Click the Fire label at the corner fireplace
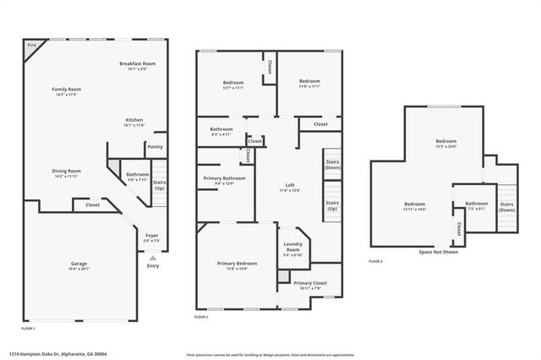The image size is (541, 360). pyautogui.click(x=31, y=45)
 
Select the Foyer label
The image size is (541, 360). pyautogui.click(x=151, y=236)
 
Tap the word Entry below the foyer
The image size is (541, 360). pyautogui.click(x=153, y=265)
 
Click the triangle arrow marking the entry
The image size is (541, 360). pyautogui.click(x=153, y=256)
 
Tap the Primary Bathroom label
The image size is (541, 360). pyautogui.click(x=224, y=178)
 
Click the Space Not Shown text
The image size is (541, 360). pyautogui.click(x=440, y=252)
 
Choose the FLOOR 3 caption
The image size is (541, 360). pyautogui.click(x=375, y=261)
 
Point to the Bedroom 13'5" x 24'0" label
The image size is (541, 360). pyautogui.click(x=445, y=140)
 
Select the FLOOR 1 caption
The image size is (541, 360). pyautogui.click(x=29, y=327)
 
